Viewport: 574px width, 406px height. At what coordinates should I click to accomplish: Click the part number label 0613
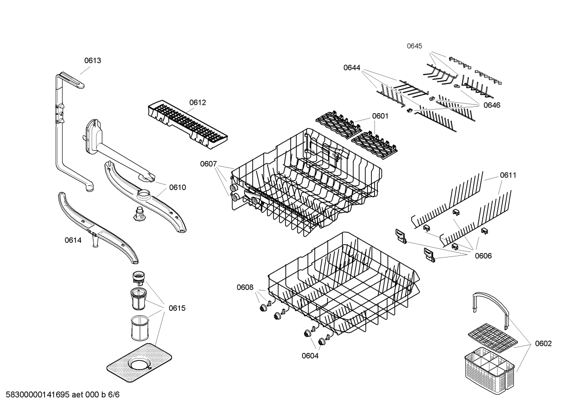(x=92, y=61)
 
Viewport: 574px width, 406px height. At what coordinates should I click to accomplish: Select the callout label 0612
(x=197, y=102)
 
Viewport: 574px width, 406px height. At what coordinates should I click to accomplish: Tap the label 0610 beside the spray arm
(x=177, y=187)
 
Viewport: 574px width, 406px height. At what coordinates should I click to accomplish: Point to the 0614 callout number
(x=73, y=240)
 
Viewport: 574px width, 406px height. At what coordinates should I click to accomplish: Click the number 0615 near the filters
(x=177, y=308)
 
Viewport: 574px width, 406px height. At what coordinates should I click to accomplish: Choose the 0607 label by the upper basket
(x=208, y=164)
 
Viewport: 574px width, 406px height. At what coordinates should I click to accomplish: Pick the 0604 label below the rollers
(x=310, y=356)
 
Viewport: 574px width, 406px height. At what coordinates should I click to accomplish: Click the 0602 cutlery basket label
(x=543, y=343)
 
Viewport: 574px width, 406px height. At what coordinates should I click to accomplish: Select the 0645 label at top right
(x=414, y=46)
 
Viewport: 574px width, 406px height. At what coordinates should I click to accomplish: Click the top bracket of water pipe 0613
(x=72, y=79)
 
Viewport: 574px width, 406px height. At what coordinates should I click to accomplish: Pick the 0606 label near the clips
(x=483, y=256)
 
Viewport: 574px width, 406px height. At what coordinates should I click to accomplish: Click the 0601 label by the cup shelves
(x=380, y=116)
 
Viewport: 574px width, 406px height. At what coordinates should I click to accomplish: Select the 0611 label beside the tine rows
(x=508, y=175)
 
